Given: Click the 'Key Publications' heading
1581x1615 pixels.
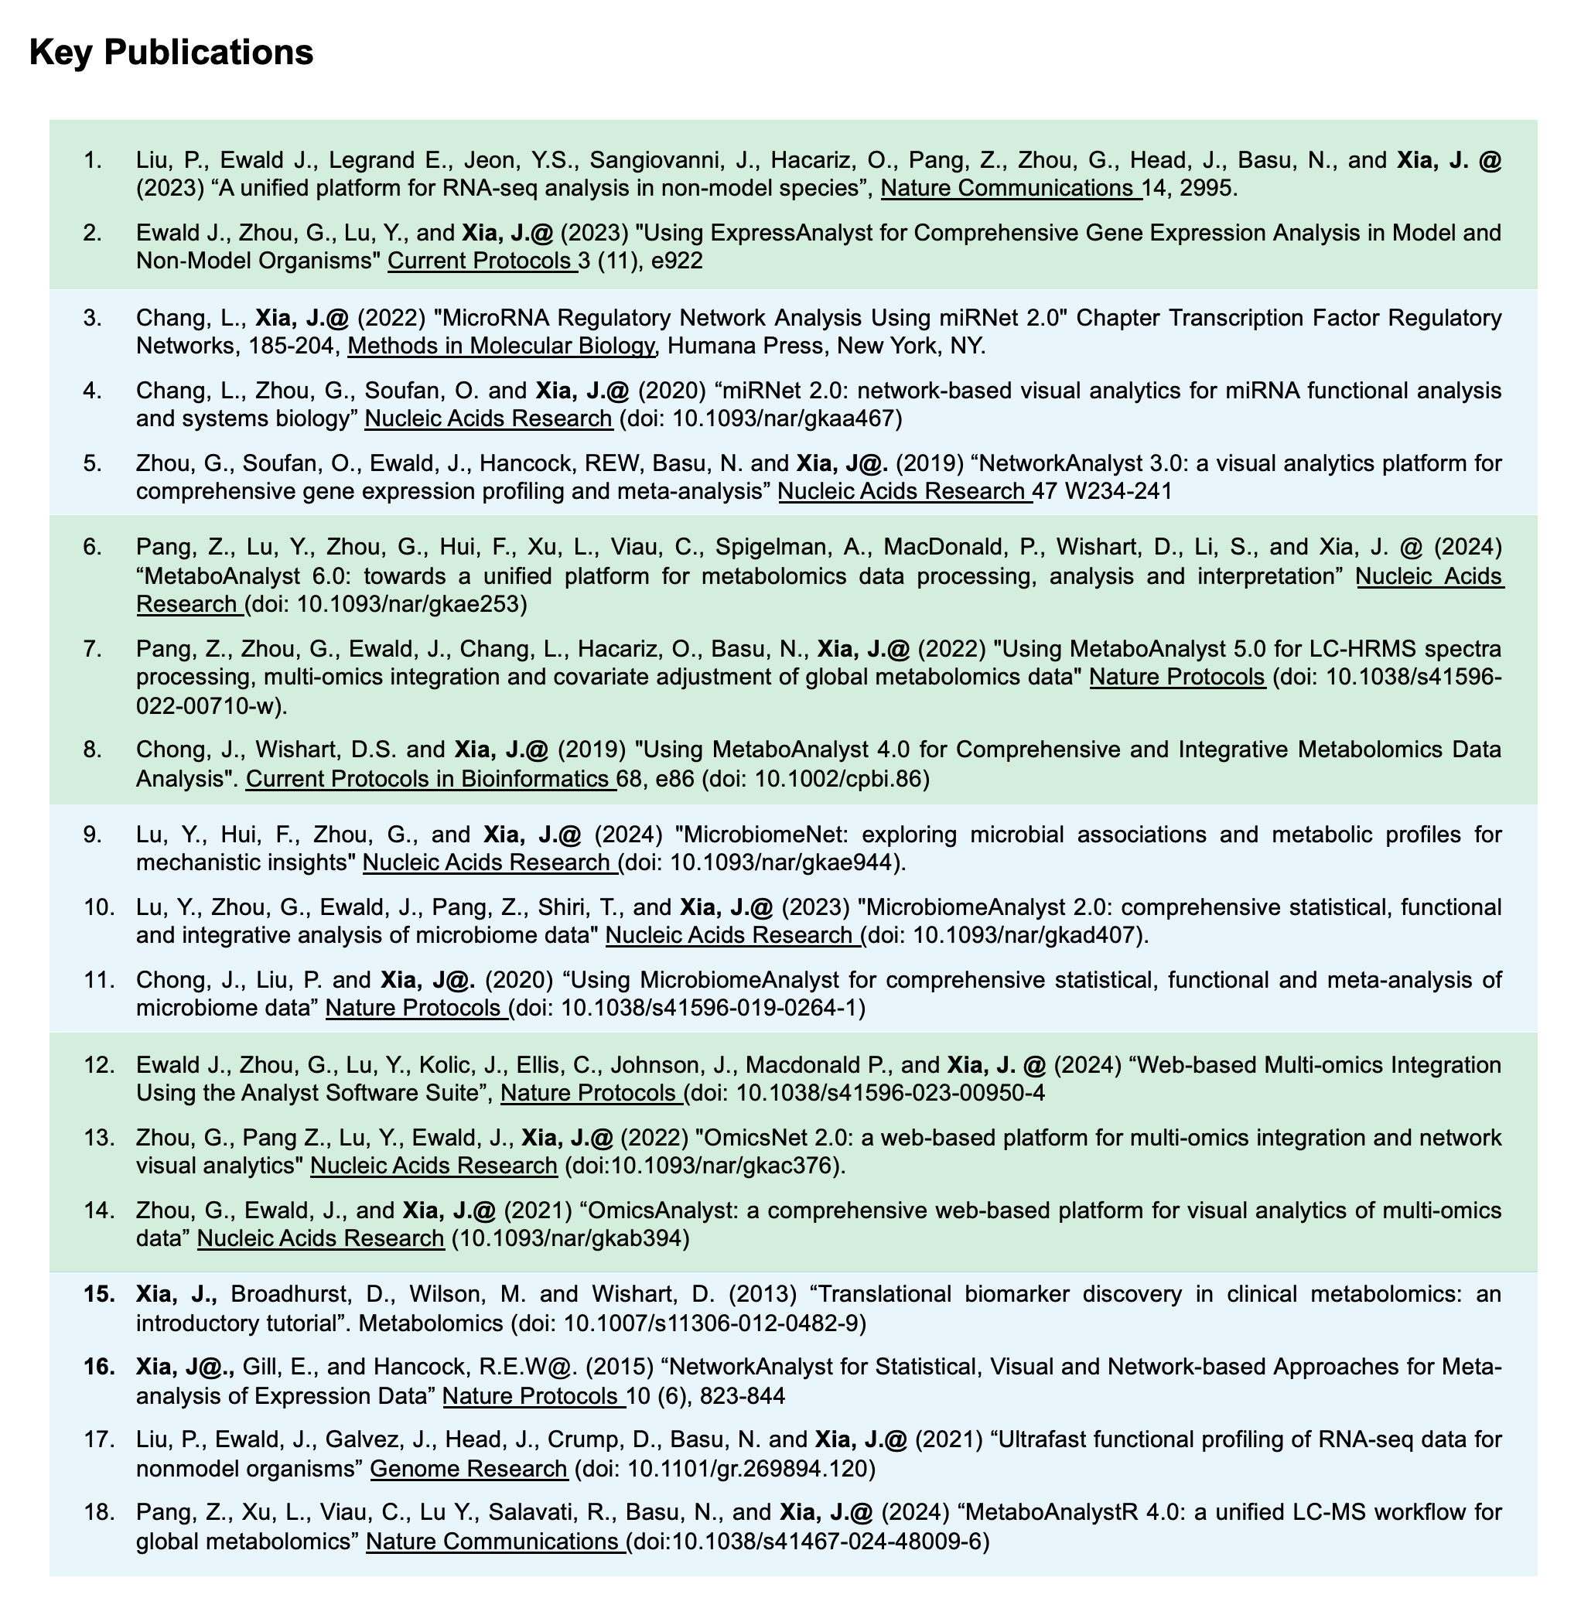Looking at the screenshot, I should pos(171,53).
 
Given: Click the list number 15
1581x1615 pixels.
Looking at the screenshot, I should pos(100,1294).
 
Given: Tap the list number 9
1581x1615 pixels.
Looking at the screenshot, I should pos(92,835).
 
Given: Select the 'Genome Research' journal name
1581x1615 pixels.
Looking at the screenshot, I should pos(468,1468).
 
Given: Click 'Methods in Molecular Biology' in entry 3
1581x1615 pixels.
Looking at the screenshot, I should pos(500,346).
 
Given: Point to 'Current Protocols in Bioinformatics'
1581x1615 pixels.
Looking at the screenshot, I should pos(430,779).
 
